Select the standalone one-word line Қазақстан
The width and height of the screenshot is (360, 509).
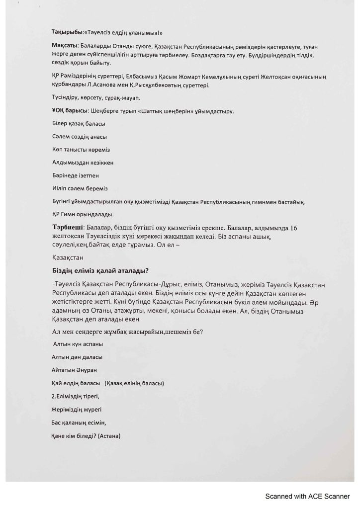[68, 258]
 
